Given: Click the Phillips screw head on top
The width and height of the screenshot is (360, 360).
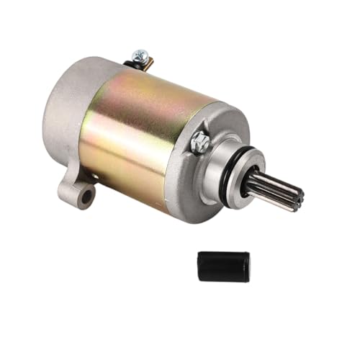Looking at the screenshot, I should (x=141, y=55).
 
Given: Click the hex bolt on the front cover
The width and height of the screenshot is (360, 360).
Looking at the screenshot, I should (x=202, y=142).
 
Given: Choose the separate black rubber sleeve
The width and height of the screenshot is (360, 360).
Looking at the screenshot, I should (x=223, y=266).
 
